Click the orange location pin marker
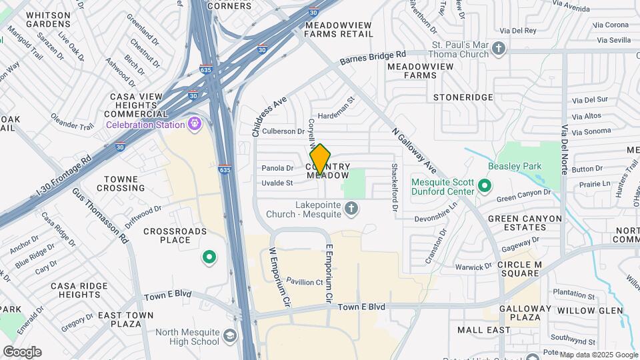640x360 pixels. [320, 160]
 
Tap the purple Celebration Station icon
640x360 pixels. [195, 123]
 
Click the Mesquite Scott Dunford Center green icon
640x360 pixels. [485, 185]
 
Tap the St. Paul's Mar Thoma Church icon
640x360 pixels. [499, 49]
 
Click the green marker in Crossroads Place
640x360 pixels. [209, 257]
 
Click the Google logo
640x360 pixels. [22, 351]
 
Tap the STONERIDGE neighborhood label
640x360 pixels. [463, 97]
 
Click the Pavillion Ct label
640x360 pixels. [305, 282]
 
